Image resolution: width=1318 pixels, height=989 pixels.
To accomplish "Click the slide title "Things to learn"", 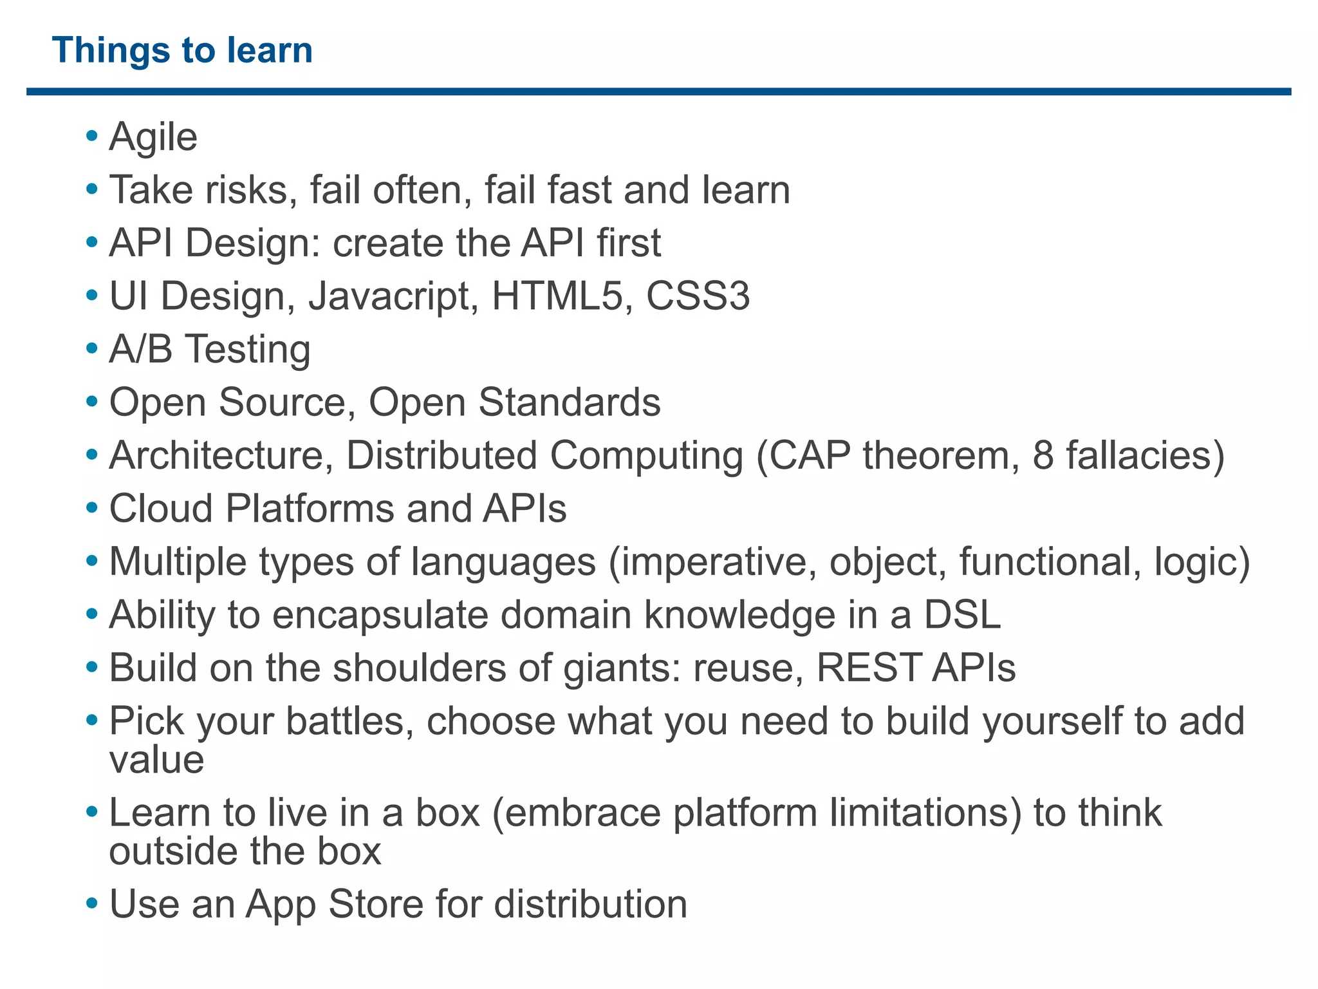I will point(182,50).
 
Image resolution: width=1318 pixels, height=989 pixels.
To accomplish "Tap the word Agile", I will point(153,137).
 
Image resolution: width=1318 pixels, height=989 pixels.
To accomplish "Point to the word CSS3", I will point(698,296).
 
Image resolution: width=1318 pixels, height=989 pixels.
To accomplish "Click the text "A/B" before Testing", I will point(141,349).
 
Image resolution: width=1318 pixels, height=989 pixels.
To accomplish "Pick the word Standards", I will point(569,402).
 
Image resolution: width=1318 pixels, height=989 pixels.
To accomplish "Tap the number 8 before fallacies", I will point(1043,455).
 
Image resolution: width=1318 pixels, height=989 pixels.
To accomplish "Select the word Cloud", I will point(161,509).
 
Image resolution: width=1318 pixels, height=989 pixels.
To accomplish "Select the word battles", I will point(348,721).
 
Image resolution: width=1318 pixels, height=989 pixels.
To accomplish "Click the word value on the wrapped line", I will point(156,760).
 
